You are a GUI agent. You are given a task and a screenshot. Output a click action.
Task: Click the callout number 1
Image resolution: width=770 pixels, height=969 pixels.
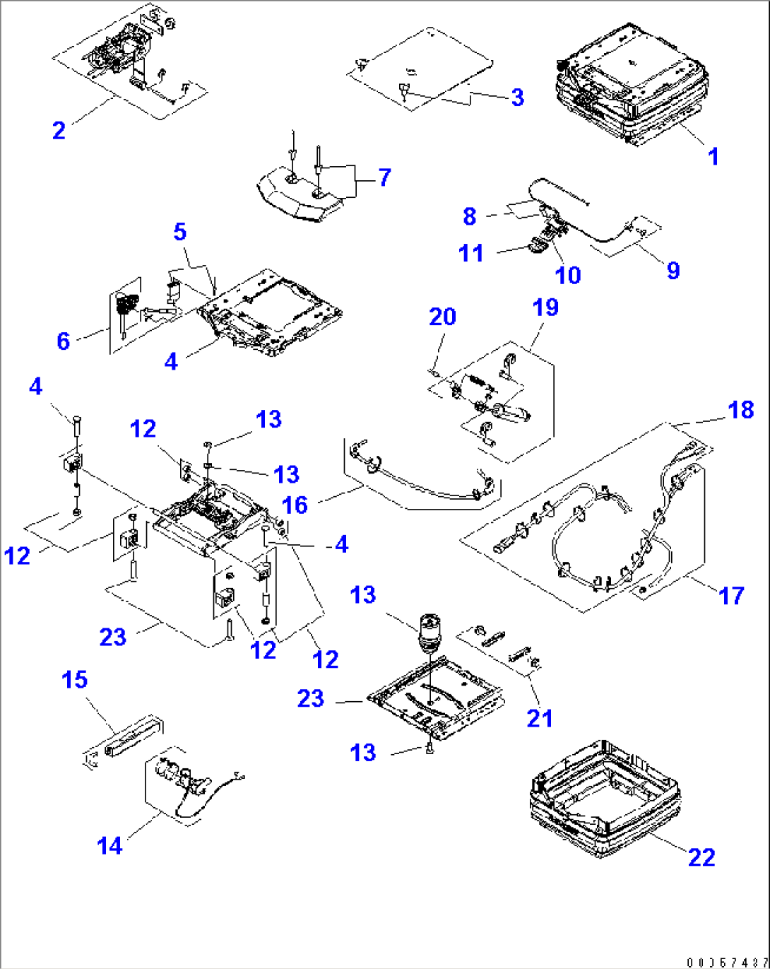point(713,156)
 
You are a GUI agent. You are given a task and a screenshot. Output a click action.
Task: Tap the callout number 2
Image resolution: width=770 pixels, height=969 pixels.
point(59,130)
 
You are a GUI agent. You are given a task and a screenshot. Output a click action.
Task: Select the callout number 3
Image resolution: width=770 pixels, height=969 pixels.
point(518,98)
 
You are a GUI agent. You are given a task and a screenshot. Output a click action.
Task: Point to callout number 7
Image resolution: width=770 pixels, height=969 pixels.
point(384,177)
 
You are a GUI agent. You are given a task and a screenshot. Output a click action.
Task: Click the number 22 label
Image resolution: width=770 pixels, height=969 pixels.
point(701,857)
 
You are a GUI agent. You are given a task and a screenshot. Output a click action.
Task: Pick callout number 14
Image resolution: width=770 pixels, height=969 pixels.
point(109,845)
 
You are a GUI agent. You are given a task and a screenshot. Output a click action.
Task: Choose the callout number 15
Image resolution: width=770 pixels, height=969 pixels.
point(75,680)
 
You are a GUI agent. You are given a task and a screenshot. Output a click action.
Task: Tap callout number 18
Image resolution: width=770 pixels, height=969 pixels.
point(741,409)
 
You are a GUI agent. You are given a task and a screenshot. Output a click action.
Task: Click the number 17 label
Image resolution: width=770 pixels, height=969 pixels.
point(731,596)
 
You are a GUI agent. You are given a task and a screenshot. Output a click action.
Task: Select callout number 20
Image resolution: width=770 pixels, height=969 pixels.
point(443,317)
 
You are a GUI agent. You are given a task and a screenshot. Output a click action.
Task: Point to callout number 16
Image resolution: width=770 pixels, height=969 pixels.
point(295,505)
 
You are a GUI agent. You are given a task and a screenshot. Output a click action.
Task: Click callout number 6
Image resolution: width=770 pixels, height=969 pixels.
point(64,341)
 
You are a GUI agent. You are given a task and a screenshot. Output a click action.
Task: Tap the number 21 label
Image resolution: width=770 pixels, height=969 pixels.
point(540,718)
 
